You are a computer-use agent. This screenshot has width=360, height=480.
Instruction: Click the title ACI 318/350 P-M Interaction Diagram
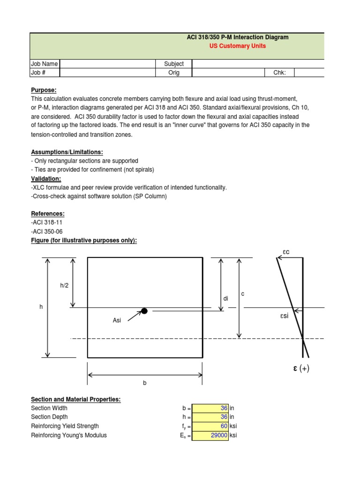point(237,37)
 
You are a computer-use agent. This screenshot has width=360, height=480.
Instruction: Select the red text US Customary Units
point(237,46)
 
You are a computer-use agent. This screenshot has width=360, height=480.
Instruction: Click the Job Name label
point(44,64)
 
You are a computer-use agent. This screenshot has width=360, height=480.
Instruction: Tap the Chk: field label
point(286,73)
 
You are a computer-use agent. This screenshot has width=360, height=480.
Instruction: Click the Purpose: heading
point(44,90)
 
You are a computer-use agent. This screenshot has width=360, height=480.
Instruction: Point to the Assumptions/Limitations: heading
point(67,152)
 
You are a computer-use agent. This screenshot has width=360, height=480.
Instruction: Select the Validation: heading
point(46,179)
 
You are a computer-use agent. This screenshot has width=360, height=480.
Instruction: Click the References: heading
point(48,214)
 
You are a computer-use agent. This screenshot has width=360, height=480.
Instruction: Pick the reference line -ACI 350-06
point(47,232)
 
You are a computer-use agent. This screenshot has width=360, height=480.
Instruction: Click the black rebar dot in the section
point(144,311)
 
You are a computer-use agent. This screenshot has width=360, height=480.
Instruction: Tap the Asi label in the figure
point(117,320)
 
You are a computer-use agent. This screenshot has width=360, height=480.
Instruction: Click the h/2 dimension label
point(64,285)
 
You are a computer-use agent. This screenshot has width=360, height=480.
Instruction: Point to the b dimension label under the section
point(145,383)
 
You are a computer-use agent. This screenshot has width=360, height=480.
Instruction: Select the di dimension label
point(225,299)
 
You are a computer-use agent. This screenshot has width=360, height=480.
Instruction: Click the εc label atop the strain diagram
point(286,252)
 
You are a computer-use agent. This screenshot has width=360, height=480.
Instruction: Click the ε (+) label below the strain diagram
point(299,368)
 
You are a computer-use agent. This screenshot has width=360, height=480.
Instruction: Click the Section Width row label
point(49,408)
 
